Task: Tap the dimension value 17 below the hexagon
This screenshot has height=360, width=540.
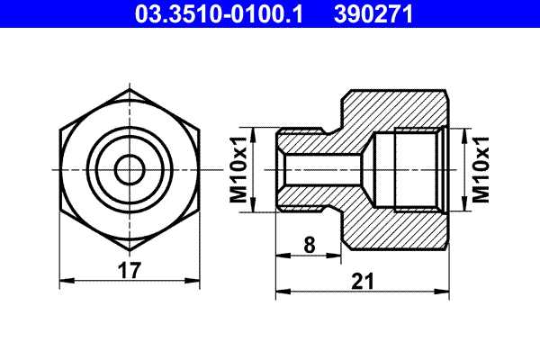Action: click(131, 270)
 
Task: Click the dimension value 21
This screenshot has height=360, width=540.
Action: click(362, 281)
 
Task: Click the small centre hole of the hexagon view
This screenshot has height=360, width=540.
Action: click(131, 170)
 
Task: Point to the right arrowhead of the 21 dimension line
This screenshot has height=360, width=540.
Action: click(444, 292)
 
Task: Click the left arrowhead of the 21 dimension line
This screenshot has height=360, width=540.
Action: click(281, 292)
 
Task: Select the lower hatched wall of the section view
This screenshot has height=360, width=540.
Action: click(396, 230)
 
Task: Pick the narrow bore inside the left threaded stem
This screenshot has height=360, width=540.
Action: click(310, 170)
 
